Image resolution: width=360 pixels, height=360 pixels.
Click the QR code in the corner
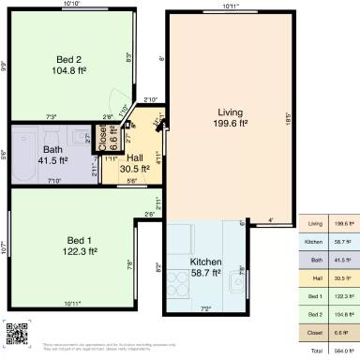[16, 333]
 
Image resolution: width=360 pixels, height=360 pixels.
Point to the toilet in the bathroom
[86, 139]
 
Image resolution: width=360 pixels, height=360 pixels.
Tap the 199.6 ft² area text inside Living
[230, 123]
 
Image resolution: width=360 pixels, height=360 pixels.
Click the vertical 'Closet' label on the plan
[104, 137]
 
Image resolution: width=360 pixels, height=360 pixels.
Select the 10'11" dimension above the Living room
[231, 7]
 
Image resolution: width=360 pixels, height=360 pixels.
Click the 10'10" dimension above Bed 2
[71, 5]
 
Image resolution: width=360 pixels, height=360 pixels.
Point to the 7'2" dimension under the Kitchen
[205, 307]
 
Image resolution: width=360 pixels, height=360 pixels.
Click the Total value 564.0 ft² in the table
[342, 350]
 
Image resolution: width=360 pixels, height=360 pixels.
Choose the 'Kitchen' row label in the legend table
[315, 242]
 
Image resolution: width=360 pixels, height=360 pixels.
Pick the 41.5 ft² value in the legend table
[342, 260]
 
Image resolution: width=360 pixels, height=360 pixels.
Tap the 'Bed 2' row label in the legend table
[315, 314]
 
